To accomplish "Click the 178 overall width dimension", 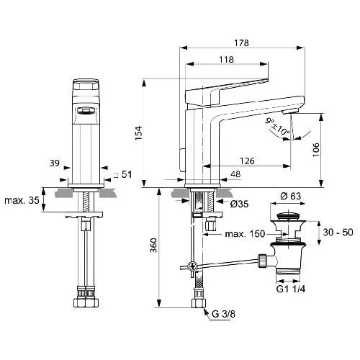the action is click(241, 43).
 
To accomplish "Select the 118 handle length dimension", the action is click(226, 60).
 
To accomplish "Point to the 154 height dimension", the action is click(138, 133).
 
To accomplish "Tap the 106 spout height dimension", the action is click(316, 150).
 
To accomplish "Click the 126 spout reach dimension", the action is click(247, 161).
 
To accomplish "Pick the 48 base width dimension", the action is click(235, 174).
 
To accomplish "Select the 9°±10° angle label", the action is click(277, 127).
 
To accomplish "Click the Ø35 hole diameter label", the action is click(239, 204).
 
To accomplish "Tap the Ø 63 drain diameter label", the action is click(291, 196).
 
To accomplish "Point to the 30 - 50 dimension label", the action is click(338, 232).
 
